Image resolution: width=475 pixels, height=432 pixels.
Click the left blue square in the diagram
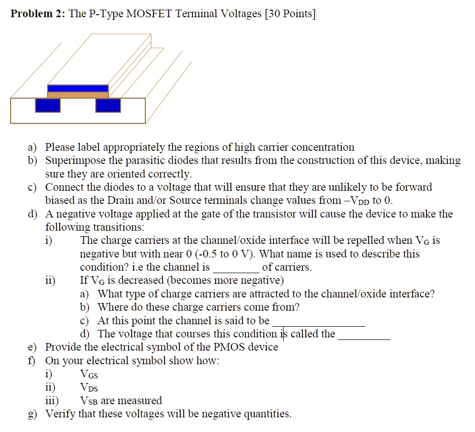point(48,105)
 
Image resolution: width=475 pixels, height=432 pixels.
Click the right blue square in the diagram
point(108,105)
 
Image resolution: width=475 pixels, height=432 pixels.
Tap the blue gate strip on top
point(77,88)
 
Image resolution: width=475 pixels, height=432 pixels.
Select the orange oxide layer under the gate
point(77,95)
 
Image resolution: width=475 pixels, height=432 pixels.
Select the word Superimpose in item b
point(70,161)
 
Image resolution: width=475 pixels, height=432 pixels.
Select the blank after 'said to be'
point(318,321)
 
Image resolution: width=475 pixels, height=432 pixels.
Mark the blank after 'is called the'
point(364,334)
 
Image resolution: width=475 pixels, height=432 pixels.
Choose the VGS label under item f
point(89,375)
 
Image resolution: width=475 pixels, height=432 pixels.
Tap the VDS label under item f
point(89,388)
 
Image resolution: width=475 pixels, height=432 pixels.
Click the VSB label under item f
point(89,401)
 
